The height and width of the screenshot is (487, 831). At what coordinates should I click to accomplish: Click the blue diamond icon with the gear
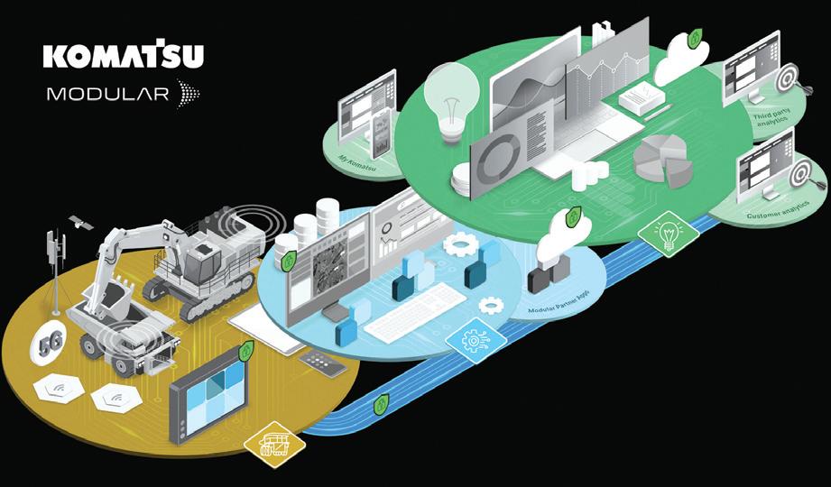click(471, 340)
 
